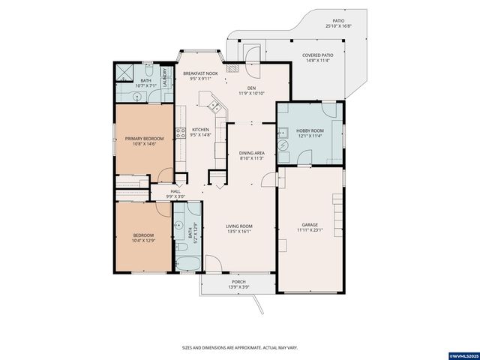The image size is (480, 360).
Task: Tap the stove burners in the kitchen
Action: click(181, 133)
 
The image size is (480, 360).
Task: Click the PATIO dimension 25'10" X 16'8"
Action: click(339, 26)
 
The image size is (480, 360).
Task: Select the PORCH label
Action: click(227, 282)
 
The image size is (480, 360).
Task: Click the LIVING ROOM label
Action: click(240, 226)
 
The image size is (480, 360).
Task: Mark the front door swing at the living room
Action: click(211, 262)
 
